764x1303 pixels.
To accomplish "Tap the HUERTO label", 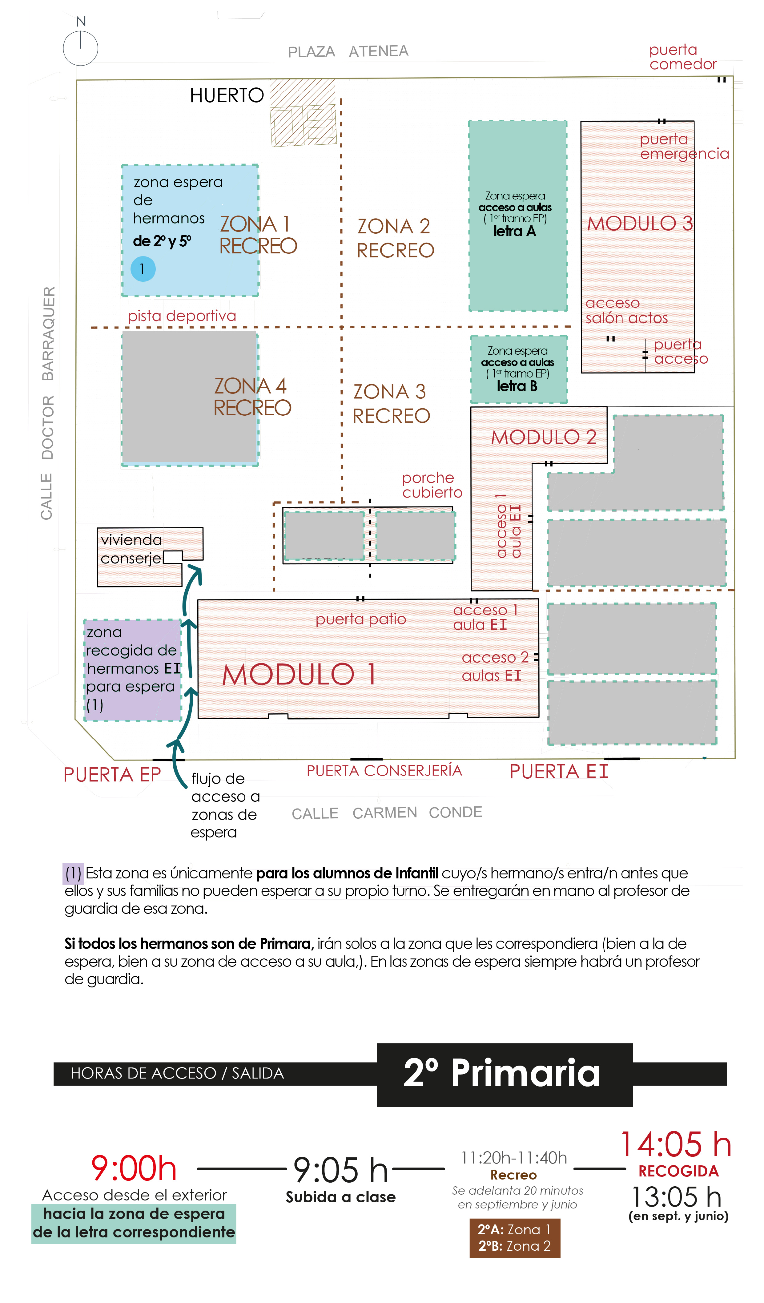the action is click(227, 96).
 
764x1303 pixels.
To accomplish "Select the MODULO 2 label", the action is click(544, 438).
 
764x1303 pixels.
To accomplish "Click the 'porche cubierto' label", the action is click(432, 485).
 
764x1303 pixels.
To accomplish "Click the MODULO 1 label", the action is click(299, 675).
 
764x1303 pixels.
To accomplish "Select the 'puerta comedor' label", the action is click(683, 57).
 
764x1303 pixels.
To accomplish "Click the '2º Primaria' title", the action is click(501, 1073).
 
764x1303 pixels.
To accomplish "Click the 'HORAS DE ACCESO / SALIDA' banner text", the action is click(177, 1073).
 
